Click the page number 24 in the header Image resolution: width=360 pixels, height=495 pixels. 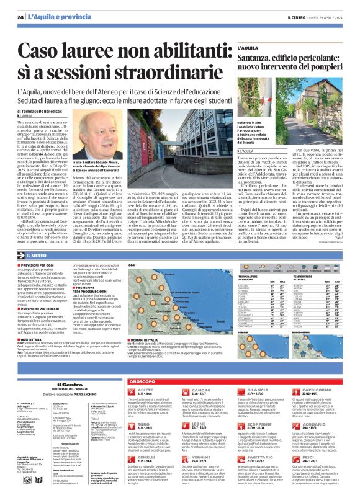point(20,17)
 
